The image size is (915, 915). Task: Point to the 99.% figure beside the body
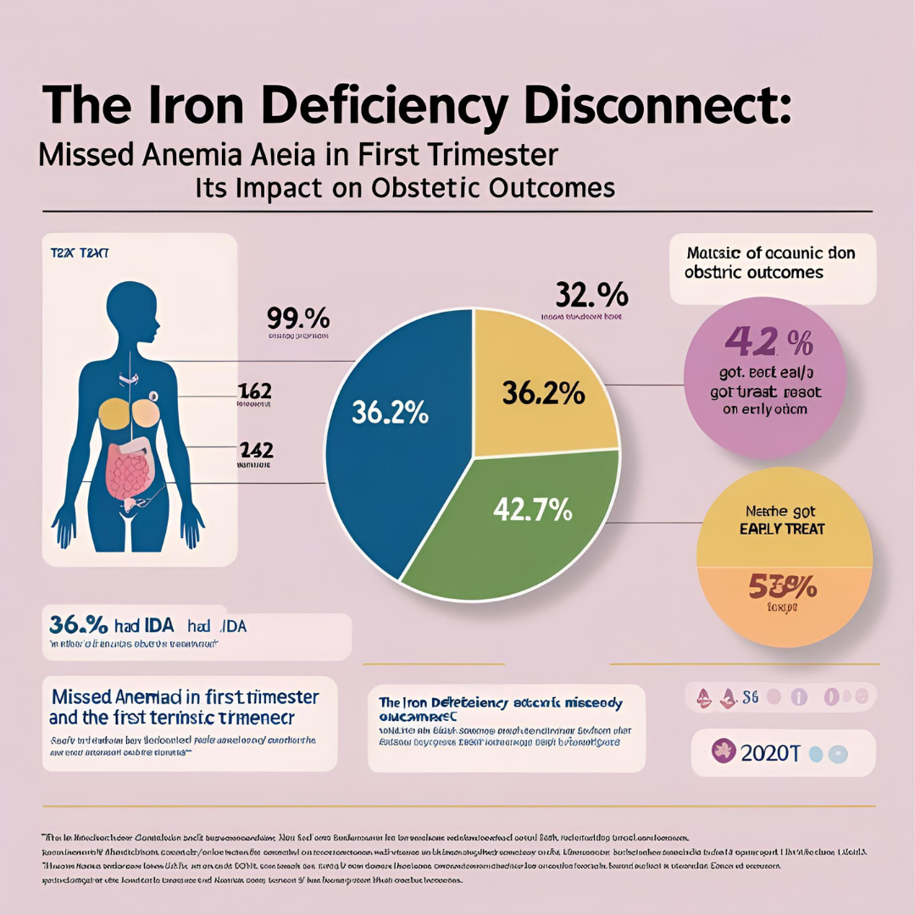(x=297, y=320)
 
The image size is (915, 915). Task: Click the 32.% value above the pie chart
(x=592, y=296)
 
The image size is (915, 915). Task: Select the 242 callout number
(x=256, y=449)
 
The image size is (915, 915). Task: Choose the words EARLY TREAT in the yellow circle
(x=782, y=529)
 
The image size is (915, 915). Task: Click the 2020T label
(x=770, y=752)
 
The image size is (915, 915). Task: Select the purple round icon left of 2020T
(x=724, y=751)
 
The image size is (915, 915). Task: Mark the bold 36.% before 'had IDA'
(x=79, y=625)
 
